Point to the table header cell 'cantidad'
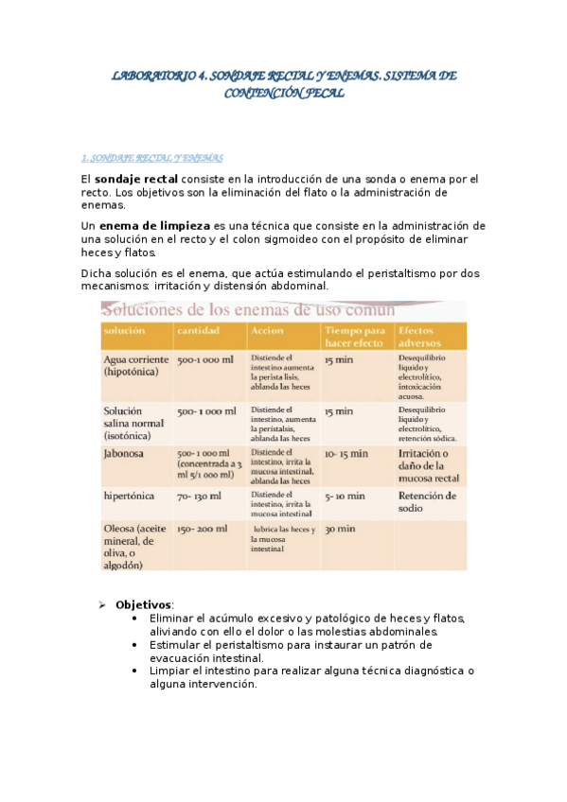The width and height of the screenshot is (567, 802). tap(198, 331)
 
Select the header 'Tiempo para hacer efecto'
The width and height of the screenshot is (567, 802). tap(355, 337)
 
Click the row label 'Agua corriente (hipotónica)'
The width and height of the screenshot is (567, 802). tap(135, 366)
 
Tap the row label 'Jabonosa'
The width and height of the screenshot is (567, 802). tap(124, 454)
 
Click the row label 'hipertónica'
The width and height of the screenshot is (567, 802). tap(130, 496)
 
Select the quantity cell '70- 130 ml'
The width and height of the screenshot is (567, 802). tap(199, 496)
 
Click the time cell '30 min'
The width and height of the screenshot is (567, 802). tap(340, 529)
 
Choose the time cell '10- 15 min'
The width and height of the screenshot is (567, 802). tap(346, 454)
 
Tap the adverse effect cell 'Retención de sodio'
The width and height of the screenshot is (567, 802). tap(428, 501)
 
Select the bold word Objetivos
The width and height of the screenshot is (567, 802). tap(144, 603)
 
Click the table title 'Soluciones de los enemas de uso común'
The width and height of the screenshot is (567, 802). tap(249, 309)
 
